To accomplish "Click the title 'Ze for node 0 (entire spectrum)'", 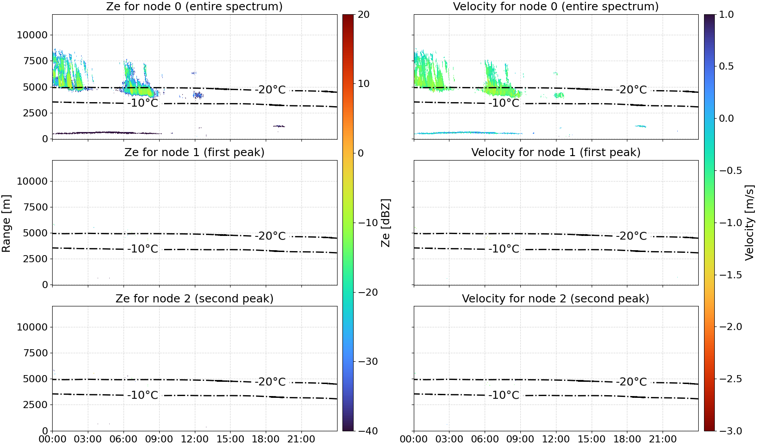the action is [x=194, y=6].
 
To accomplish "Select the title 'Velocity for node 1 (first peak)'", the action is [x=556, y=152].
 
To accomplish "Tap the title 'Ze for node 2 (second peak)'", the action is [x=194, y=298].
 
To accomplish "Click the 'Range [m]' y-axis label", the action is [x=6, y=223].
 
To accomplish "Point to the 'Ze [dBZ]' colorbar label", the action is [x=385, y=223].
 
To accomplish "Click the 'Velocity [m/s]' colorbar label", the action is [x=750, y=223].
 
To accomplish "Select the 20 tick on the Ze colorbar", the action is [x=363, y=15].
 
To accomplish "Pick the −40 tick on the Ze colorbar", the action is [x=367, y=431].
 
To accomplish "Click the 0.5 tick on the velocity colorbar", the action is [x=726, y=66].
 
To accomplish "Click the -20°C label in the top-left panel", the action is [x=270, y=90].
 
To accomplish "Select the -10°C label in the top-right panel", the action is [x=503, y=103].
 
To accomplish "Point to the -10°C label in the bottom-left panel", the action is [x=143, y=395].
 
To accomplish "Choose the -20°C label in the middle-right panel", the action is [x=631, y=236].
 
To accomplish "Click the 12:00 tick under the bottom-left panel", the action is [x=194, y=439].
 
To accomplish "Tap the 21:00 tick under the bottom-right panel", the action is [x=663, y=439].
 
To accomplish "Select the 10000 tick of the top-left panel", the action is [x=32, y=35].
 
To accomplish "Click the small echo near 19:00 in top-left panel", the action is [x=279, y=126].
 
